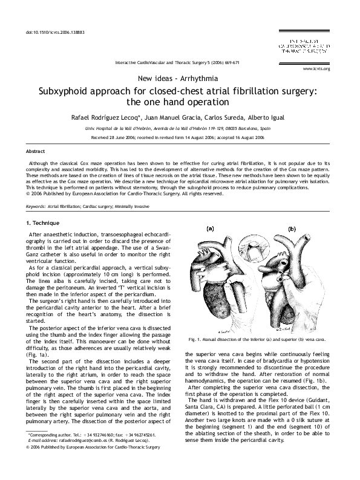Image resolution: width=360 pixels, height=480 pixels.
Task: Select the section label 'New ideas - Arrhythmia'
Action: tap(179, 79)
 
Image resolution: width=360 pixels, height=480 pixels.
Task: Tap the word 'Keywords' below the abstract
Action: tap(36, 207)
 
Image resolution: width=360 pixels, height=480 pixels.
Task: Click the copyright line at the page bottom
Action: tap(94, 464)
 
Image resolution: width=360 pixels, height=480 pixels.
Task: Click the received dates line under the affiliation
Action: tap(179, 137)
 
